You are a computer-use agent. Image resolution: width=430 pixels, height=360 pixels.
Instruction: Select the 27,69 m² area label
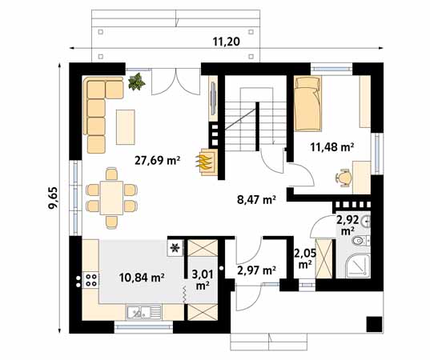[156, 160]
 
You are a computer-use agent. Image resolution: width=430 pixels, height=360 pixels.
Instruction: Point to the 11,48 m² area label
[331, 146]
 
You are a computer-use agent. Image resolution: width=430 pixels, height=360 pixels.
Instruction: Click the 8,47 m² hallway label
[257, 200]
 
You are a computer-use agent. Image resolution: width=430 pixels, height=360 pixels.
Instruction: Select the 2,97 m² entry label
[256, 270]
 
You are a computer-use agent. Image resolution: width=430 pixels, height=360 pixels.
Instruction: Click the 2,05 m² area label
[305, 258]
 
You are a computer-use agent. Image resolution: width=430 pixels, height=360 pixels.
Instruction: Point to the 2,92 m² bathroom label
[348, 223]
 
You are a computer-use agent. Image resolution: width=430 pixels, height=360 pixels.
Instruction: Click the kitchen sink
[137, 312]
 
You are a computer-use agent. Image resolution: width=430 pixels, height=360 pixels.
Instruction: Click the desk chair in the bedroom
[344, 178]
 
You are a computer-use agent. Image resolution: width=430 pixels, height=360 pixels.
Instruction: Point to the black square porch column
[373, 323]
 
